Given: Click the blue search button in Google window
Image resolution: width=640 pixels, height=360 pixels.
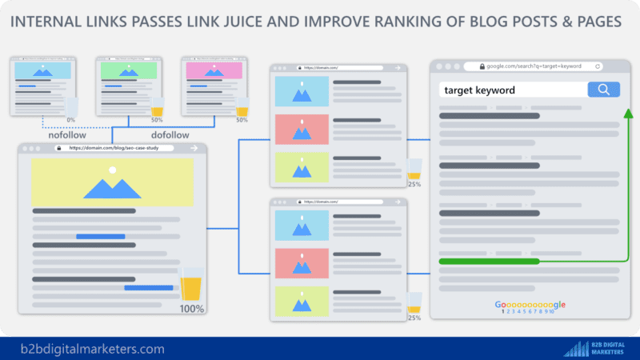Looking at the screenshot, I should [x=604, y=90].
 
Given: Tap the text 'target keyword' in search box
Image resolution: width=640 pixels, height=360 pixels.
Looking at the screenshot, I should [x=480, y=90].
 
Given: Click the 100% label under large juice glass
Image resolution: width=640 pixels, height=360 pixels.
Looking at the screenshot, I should [x=191, y=309].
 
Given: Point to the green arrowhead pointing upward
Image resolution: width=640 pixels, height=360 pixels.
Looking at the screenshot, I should [x=629, y=114].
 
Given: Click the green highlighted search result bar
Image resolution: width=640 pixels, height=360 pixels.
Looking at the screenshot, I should [x=490, y=261].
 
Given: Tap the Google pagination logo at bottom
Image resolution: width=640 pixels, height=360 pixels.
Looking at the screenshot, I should [x=530, y=305].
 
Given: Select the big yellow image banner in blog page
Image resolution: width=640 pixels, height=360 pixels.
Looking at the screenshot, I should [x=112, y=182].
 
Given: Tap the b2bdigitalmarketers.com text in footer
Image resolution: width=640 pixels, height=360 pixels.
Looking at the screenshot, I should [x=94, y=349].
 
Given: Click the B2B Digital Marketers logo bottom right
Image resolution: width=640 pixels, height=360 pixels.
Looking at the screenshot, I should [x=597, y=348].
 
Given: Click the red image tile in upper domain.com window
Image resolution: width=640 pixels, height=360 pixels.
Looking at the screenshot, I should [x=302, y=129].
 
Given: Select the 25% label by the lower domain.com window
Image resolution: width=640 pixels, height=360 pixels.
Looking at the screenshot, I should [x=414, y=318].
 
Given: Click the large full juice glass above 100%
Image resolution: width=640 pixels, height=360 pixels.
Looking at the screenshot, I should [x=191, y=284].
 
